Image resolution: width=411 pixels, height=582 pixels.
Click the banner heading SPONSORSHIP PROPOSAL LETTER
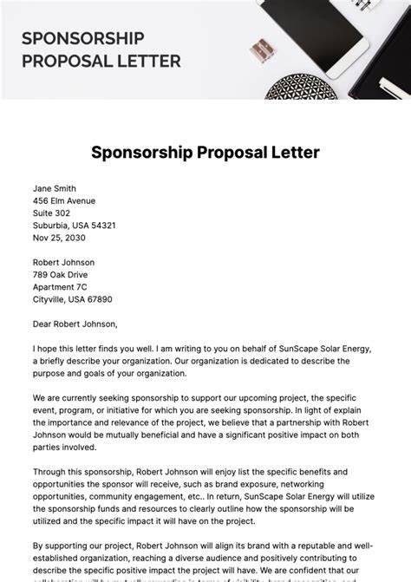tap(101, 49)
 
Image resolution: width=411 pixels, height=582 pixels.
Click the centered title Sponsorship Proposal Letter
tap(205, 153)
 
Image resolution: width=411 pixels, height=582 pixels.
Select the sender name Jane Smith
tap(55, 188)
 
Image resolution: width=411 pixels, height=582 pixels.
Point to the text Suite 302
tap(52, 213)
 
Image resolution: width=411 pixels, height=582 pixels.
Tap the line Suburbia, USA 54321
tap(75, 225)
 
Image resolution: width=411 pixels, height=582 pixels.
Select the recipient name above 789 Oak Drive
tap(64, 262)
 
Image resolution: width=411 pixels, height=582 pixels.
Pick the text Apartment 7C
tap(60, 286)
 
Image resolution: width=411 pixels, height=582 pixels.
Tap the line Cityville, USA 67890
tap(72, 299)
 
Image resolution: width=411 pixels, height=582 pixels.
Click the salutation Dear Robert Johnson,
tap(75, 324)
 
